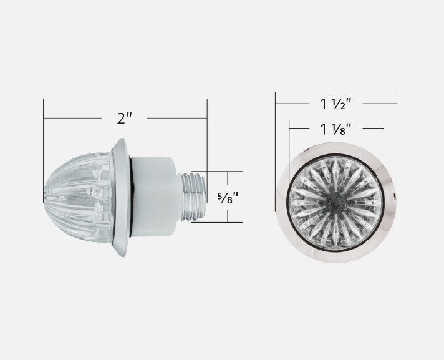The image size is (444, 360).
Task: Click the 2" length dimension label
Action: tap(125, 118)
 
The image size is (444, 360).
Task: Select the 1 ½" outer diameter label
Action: tap(336, 104)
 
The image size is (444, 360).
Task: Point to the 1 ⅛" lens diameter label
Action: tap(336, 129)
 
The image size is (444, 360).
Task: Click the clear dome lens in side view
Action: tap(77, 197)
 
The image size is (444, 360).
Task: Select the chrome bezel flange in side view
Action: tap(121, 197)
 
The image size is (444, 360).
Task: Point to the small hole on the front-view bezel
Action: tap(394, 195)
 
